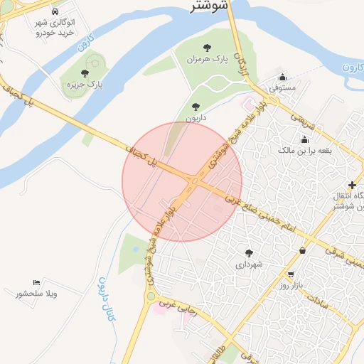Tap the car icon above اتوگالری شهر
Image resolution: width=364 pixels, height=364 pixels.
pos(55,11)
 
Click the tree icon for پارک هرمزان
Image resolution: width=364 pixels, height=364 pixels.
pos(207,48)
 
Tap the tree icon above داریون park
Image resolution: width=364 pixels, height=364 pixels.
pos(196,107)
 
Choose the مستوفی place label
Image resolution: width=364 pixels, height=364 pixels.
pos(282,90)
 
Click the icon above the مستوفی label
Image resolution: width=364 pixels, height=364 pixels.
pos(282,77)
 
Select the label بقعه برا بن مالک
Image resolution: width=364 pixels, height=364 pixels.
pos(304,151)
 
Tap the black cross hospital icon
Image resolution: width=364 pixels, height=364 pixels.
pos(352,184)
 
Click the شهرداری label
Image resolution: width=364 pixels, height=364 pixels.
pos(249,264)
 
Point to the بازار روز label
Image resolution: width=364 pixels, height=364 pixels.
pos(291,285)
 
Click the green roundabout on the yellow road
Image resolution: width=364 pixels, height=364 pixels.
pos(151,296)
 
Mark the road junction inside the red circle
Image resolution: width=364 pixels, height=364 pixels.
pos(191,183)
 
